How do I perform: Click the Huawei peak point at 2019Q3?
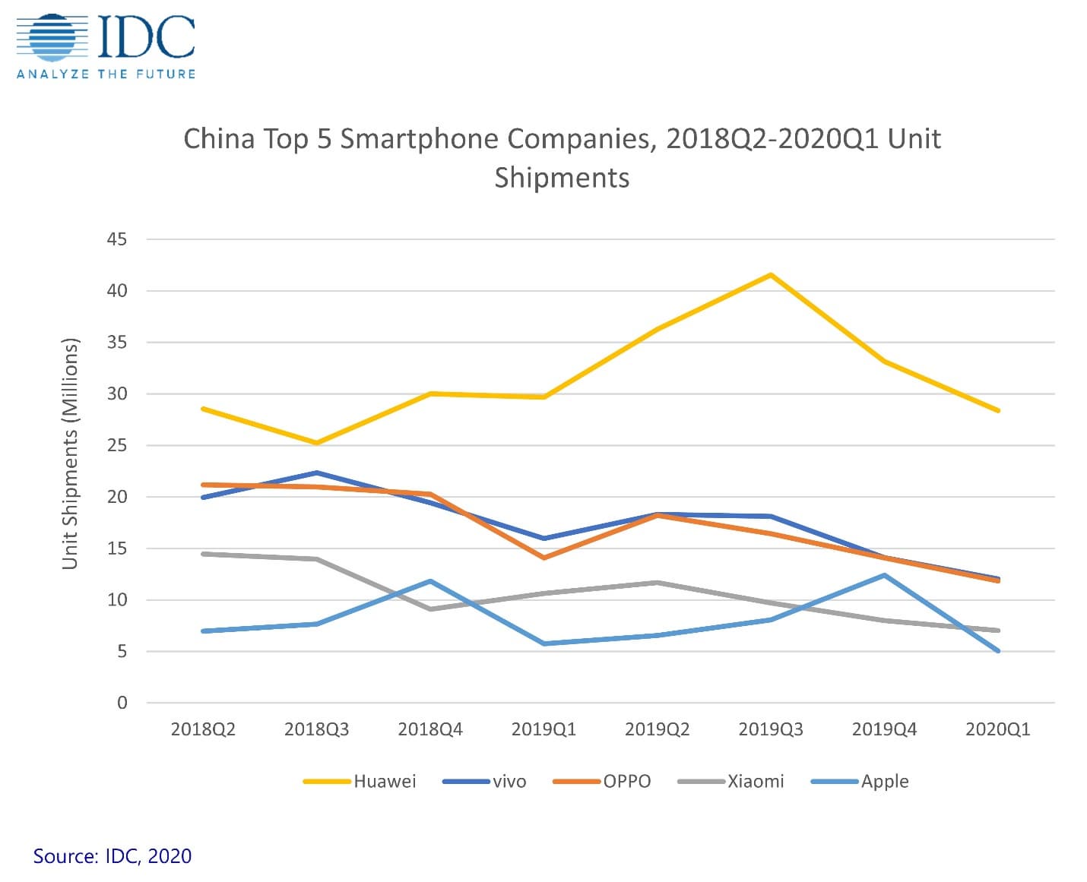tap(771, 274)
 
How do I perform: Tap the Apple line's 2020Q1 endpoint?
tap(998, 651)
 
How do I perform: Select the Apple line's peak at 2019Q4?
tap(884, 575)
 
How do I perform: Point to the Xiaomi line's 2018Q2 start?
tap(203, 554)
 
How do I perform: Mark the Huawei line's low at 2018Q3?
tap(316, 443)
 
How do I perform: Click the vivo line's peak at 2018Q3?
tap(316, 473)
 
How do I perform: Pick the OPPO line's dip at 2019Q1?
tap(543, 558)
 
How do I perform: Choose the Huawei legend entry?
tap(360, 782)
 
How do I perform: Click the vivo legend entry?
tap(484, 782)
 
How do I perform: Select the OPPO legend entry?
tap(602, 782)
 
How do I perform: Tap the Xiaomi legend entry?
tap(730, 782)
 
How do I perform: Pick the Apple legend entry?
tap(860, 782)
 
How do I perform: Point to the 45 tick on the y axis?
tap(117, 239)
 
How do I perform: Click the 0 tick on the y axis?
tap(122, 703)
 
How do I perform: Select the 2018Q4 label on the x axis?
tap(430, 730)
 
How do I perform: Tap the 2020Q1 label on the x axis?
tap(998, 730)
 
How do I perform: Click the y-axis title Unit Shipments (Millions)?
tap(70, 453)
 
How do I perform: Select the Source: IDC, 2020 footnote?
tap(113, 856)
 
